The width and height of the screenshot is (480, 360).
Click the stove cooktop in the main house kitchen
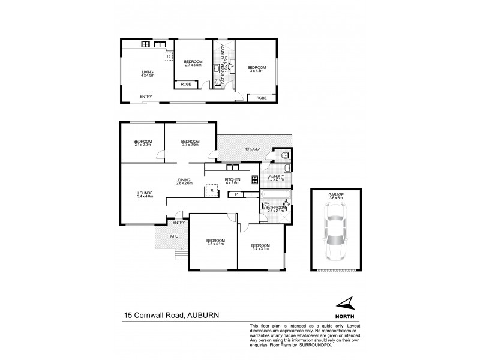click(x=254, y=178)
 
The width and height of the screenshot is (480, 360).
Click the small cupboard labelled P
click(x=236, y=195)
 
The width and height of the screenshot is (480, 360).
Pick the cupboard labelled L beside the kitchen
click(x=251, y=195)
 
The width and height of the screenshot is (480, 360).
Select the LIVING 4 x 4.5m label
click(x=148, y=74)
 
